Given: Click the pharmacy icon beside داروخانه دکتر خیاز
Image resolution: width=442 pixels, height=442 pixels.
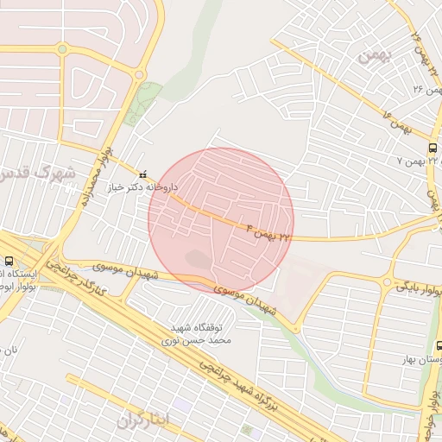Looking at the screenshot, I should [143, 174].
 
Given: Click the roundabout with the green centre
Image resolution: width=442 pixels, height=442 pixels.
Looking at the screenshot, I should [61, 49].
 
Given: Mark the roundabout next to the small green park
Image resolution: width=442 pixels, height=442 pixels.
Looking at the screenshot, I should [139, 75].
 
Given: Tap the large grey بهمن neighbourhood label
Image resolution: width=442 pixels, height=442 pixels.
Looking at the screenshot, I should [374, 54].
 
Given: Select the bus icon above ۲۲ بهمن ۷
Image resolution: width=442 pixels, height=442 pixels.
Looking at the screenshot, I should [432, 148].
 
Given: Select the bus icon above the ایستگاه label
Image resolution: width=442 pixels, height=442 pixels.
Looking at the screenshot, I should [9, 261].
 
